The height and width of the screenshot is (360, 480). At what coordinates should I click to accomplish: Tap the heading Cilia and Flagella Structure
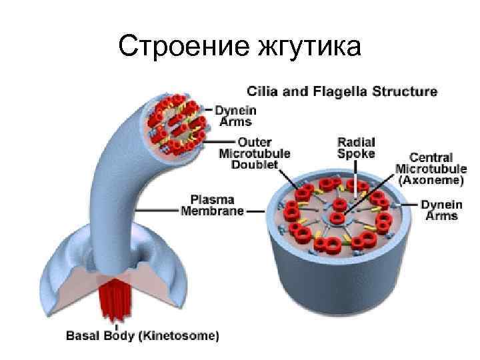343,91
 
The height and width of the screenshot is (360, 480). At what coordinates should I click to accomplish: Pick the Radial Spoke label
356,147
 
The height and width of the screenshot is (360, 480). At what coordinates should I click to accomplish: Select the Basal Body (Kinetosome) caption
142,335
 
